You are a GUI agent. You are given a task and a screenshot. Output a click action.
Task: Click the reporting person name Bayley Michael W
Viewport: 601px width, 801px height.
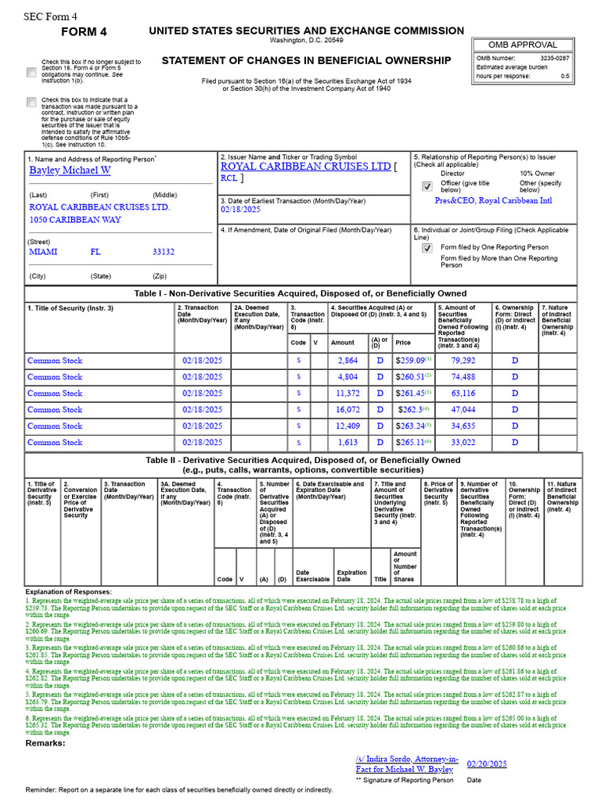[70, 170]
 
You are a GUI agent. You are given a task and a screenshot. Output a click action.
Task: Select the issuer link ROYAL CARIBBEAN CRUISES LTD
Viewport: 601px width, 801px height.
[305, 167]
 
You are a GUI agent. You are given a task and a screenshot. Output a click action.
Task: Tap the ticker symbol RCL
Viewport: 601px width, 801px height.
[229, 178]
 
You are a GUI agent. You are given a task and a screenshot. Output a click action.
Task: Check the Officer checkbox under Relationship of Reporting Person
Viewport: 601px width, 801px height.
[426, 187]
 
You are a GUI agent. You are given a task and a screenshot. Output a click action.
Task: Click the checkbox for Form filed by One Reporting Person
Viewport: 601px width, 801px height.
[426, 248]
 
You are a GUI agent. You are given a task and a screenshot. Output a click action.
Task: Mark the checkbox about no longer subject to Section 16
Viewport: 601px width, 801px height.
[31, 72]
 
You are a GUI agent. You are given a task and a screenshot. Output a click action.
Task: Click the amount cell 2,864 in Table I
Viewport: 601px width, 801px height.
[347, 361]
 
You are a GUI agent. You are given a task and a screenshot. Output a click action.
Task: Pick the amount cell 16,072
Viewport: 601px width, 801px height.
[347, 410]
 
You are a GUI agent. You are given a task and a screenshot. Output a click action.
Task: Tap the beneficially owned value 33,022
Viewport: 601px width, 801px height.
[463, 443]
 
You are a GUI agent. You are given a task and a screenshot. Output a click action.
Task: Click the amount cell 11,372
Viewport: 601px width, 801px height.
[347, 393]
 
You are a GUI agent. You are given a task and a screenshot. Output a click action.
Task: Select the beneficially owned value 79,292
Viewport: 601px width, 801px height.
[463, 361]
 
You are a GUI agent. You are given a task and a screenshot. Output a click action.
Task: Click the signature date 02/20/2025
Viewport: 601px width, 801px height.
[487, 763]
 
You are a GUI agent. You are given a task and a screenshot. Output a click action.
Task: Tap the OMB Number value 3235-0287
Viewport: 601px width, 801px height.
[554, 57]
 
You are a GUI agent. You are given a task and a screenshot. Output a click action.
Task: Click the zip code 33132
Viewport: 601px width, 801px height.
[164, 253]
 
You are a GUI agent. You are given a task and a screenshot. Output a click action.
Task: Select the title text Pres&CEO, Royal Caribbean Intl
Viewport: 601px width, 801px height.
[493, 200]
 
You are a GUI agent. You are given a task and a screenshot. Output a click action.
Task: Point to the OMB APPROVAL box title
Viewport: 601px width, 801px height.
[523, 45]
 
